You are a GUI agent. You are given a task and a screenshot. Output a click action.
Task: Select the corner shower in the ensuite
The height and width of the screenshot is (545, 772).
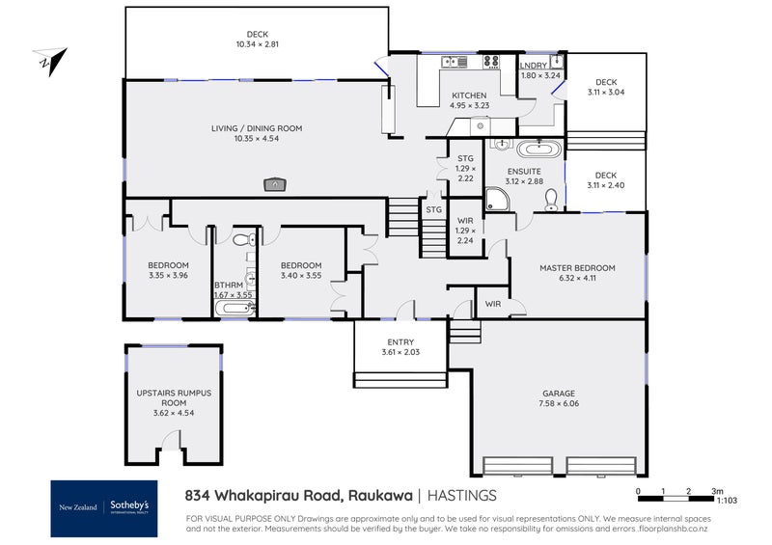coord(497,199)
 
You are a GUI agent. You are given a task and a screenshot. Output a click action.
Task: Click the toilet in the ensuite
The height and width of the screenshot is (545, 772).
coord(551,200)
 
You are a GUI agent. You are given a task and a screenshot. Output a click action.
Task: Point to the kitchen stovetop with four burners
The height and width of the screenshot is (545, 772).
coord(491,62)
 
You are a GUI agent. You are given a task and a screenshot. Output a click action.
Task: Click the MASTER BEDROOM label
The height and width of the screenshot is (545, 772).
coord(577,268)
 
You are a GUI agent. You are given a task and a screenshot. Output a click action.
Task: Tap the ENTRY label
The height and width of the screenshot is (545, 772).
coord(400,342)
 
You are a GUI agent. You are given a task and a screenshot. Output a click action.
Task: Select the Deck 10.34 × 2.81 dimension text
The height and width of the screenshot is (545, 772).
coord(257,44)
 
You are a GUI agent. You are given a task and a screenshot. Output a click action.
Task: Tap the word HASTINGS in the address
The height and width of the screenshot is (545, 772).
coord(463,495)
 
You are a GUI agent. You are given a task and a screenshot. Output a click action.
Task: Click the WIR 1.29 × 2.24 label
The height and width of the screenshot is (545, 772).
coord(465,232)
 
